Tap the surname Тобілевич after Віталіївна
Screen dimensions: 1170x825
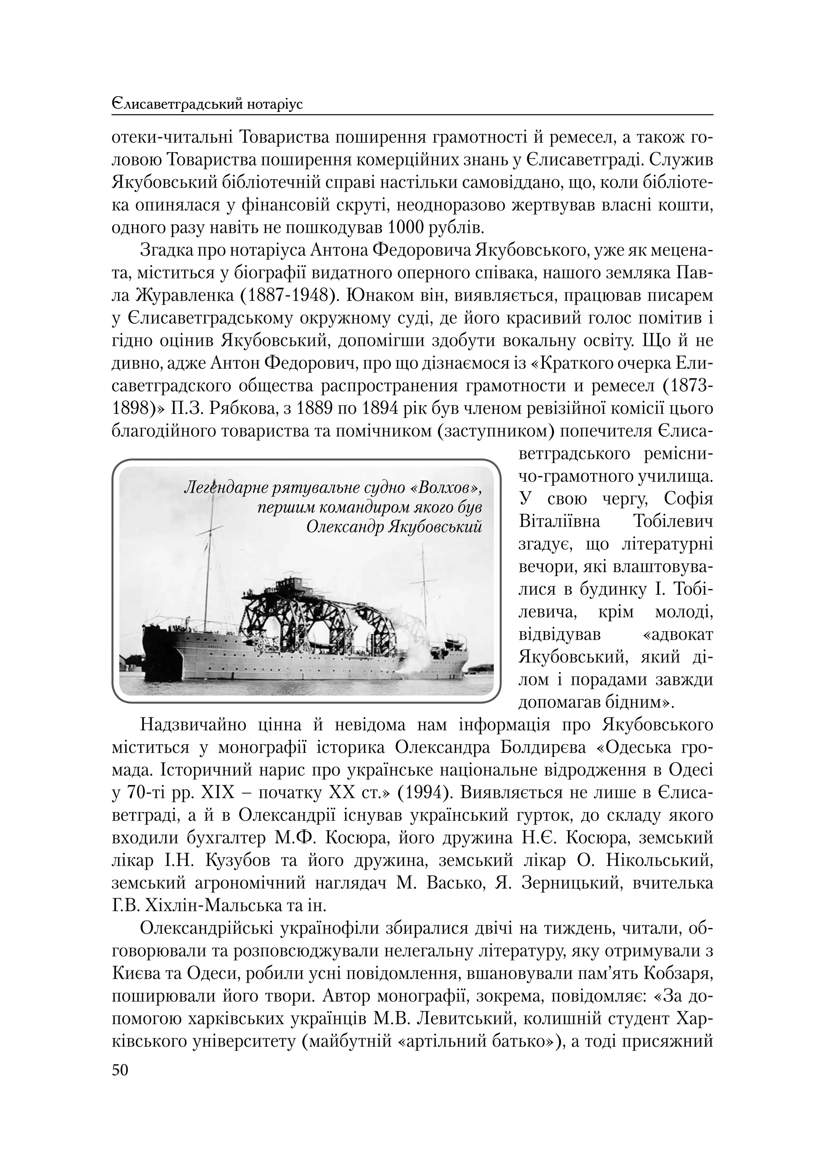673,522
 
